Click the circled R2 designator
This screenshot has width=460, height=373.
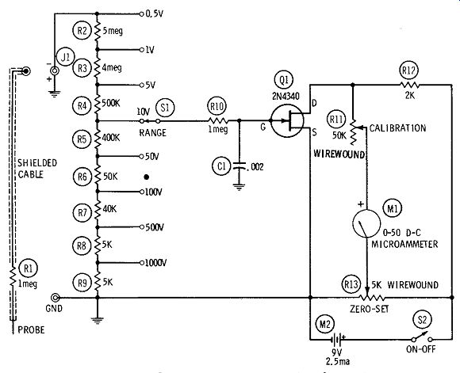[82, 30]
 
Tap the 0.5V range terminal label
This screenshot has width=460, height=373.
[155, 13]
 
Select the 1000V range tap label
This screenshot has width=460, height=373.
[155, 263]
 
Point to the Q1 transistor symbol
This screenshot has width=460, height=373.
[287, 120]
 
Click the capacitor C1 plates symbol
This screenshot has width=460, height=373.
[240, 166]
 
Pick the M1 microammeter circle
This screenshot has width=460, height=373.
[366, 223]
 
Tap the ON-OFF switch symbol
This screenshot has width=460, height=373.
[422, 338]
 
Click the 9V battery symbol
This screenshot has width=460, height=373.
[337, 340]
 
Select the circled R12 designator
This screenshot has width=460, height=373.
[408, 70]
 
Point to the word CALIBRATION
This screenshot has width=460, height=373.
[397, 128]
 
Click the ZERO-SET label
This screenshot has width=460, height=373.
[370, 309]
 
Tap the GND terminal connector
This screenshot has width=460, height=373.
[55, 298]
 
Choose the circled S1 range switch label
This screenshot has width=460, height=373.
[165, 108]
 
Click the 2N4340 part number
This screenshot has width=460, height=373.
[286, 96]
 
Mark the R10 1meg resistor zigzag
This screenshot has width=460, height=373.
[218, 120]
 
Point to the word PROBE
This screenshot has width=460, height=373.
[31, 330]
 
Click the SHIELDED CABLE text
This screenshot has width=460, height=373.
[37, 169]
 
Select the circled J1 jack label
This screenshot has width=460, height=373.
[66, 57]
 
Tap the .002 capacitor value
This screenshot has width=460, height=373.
[255, 167]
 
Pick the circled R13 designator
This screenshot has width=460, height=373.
[351, 284]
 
